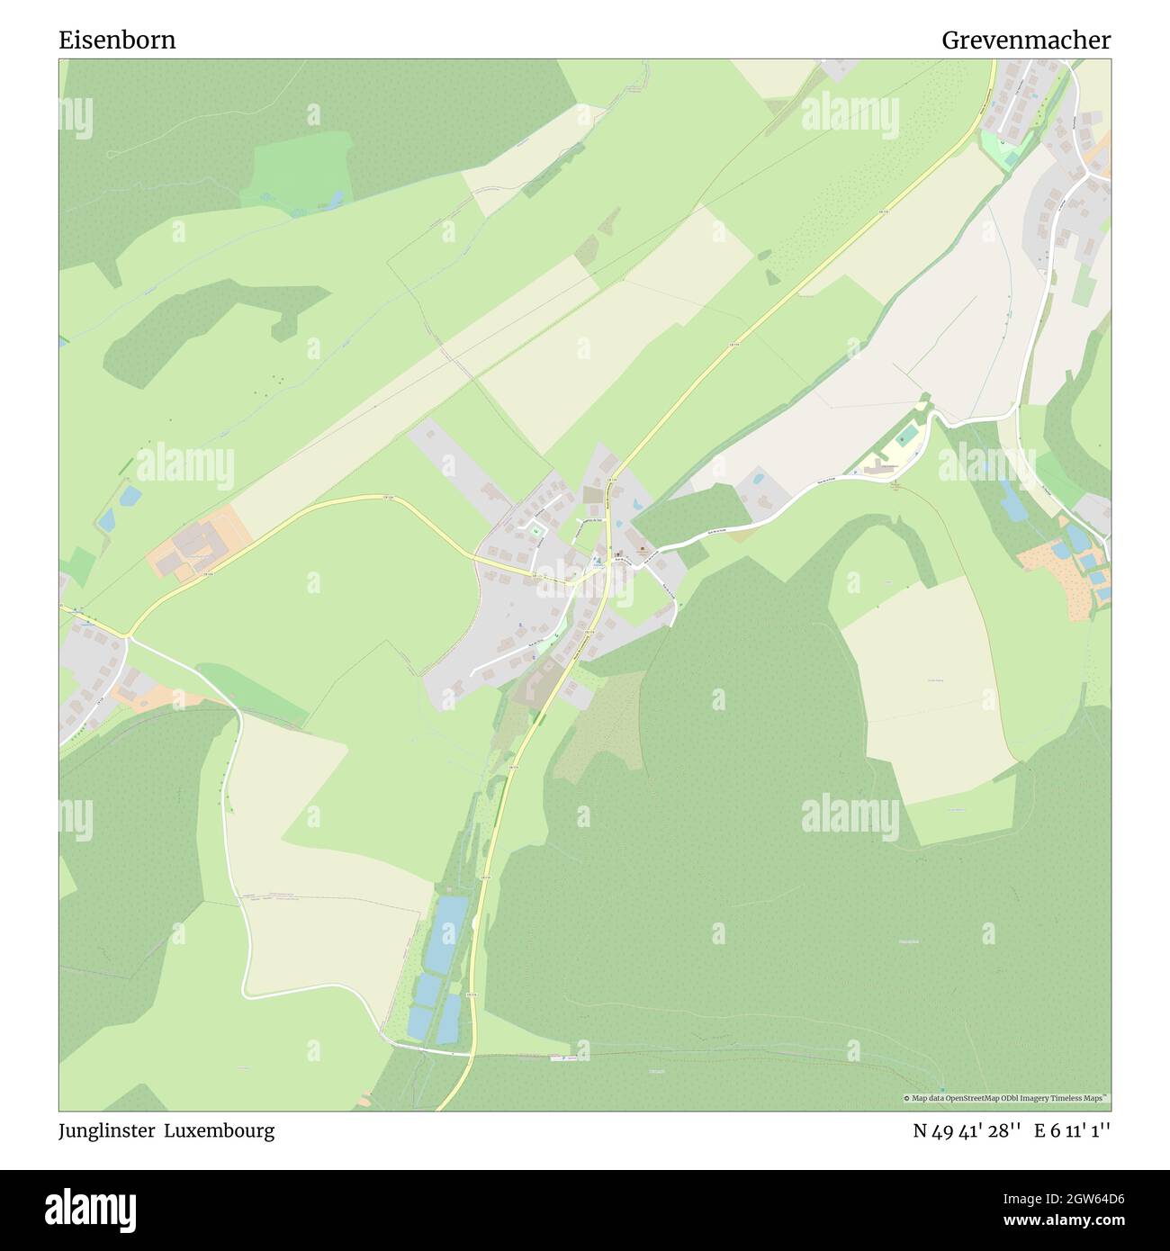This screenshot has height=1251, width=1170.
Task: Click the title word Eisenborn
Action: [117, 40]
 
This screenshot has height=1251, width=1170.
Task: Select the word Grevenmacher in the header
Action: [1026, 40]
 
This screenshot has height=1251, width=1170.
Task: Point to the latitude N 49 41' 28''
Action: [967, 1130]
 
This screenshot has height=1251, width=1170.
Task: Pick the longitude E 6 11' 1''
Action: [1073, 1130]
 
